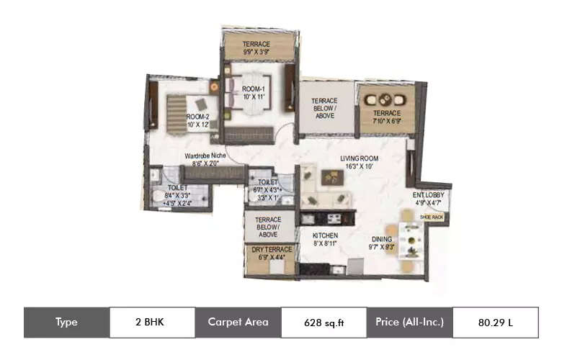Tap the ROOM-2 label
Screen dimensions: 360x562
point(197,116)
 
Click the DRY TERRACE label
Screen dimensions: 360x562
point(271,249)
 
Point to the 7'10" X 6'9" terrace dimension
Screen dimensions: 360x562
point(386,122)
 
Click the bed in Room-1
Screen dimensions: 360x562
point(249,94)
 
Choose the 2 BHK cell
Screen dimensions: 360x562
point(151,322)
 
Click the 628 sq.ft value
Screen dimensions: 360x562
point(323,322)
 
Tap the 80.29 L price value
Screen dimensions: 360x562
point(495,322)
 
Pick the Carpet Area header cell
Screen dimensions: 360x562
point(238,322)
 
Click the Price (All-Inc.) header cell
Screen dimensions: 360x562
point(409,322)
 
